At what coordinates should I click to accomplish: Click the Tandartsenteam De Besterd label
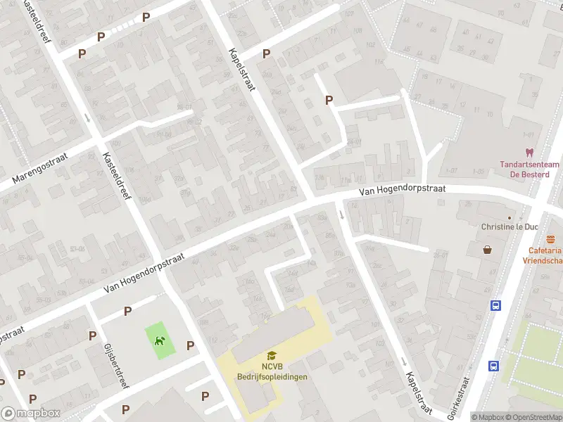[x=529, y=170]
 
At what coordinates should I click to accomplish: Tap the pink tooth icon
[x=529, y=152]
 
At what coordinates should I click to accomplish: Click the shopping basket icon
[x=487, y=249]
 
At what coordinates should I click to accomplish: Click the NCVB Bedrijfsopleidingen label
[x=272, y=372]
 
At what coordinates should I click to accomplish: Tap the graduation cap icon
[x=272, y=356]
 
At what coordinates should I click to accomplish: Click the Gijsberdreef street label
[x=114, y=364]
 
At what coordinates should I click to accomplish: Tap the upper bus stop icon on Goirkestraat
[x=495, y=305]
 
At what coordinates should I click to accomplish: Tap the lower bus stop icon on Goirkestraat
[x=493, y=366]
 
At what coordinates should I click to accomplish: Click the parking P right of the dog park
[x=190, y=345]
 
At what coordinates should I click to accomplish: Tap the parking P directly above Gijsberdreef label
[x=92, y=335]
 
